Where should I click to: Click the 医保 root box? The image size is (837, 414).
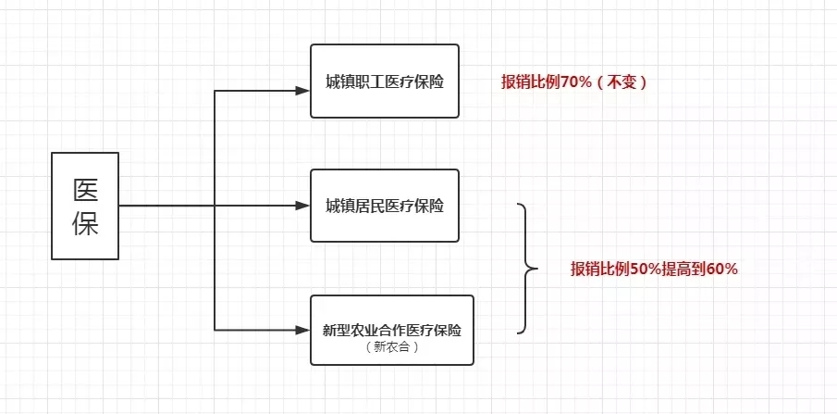tap(84, 206)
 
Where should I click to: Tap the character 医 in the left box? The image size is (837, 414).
tap(85, 190)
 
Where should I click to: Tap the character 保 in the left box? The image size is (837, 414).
tap(85, 224)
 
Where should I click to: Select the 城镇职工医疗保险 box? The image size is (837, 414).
tap(384, 82)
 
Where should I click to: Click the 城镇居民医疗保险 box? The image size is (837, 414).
tap(384, 206)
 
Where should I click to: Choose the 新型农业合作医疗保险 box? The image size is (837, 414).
tap(392, 330)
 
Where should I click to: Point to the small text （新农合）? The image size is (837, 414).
tap(392, 347)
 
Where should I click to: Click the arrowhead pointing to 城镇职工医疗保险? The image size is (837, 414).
tap(302, 91)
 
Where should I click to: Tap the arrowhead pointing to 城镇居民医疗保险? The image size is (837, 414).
tap(302, 206)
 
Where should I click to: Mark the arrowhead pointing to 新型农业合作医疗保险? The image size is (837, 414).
tap(302, 329)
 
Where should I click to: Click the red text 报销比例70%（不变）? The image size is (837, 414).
tap(573, 82)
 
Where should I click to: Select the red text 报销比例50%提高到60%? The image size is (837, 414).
tap(653, 270)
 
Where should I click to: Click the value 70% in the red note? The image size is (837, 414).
tap(575, 82)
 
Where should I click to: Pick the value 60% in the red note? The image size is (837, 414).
tap(721, 270)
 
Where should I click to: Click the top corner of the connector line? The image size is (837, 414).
tap(215, 91)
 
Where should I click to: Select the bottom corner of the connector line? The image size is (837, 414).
tap(215, 329)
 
